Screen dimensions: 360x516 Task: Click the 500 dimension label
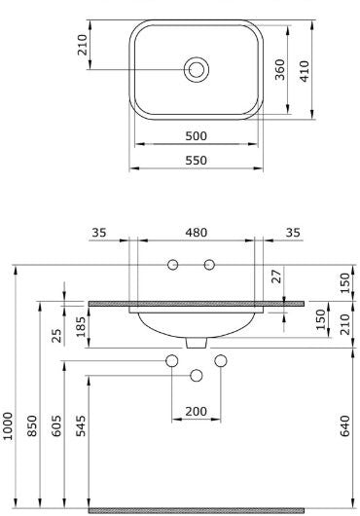[196, 136]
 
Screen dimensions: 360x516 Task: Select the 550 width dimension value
[196, 161]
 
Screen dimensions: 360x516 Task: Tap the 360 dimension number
[280, 69]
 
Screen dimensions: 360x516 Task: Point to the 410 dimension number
[305, 71]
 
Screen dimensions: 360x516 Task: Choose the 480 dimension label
[196, 233]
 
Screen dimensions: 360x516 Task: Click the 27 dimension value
[277, 276]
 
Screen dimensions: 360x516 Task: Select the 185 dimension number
[81, 327]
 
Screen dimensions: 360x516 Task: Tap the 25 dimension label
[56, 336]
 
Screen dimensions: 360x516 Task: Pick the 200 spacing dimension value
[196, 412]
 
